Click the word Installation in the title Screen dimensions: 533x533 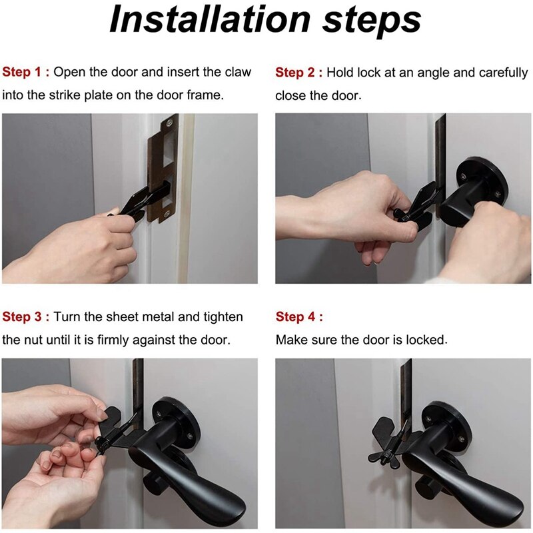pyautogui.click(x=210, y=20)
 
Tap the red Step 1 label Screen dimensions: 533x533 pyautogui.click(x=25, y=72)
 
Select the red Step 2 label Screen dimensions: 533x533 pyautogui.click(x=298, y=73)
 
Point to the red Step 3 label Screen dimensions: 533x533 pyautogui.click(x=25, y=317)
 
